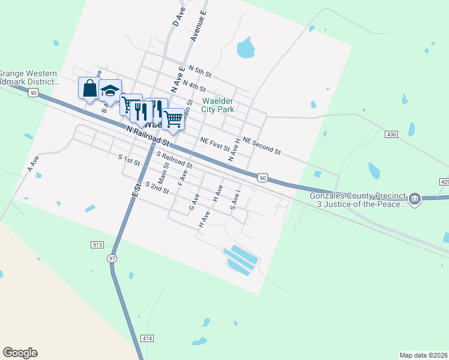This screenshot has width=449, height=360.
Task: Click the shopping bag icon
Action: pyautogui.click(x=89, y=88)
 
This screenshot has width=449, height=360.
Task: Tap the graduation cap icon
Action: pyautogui.click(x=110, y=91)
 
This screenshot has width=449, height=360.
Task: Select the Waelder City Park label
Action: pyautogui.click(x=217, y=105)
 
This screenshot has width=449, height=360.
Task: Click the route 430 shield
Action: pyautogui.click(x=391, y=134)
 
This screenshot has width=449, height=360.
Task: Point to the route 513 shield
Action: pyautogui.click(x=97, y=245)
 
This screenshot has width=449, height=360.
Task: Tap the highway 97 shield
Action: pyautogui.click(x=112, y=258)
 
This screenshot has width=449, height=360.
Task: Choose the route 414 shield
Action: pyautogui.click(x=148, y=338)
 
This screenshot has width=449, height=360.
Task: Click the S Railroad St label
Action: pyautogui.click(x=174, y=160)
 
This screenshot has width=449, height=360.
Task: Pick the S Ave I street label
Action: pyautogui.click(x=235, y=200)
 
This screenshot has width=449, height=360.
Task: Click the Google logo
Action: pyautogui.click(x=20, y=353)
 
